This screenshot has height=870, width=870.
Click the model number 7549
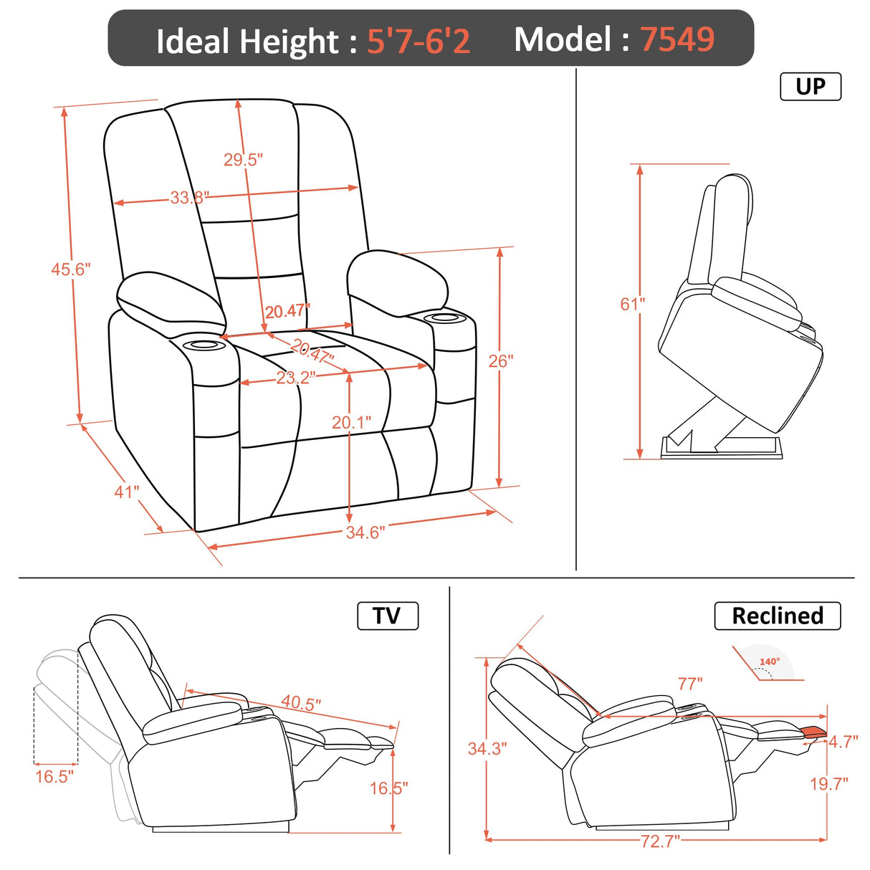(677, 39)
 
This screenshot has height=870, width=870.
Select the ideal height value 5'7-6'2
(419, 41)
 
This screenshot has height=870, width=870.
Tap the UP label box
(810, 87)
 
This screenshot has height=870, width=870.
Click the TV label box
(387, 616)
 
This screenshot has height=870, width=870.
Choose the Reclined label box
(777, 616)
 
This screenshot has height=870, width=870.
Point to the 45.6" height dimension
(70, 269)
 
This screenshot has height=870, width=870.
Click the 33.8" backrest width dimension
(189, 197)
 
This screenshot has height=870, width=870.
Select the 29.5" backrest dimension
(243, 159)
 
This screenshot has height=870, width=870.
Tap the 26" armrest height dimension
(501, 360)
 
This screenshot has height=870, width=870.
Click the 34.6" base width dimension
(365, 532)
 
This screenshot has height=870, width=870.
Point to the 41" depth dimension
(126, 492)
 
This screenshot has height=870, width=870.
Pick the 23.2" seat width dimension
(295, 377)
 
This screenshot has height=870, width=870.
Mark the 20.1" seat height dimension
(351, 422)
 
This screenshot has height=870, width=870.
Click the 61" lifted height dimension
(632, 304)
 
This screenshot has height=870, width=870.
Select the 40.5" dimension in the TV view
(301, 702)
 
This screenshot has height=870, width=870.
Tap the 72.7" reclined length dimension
(659, 841)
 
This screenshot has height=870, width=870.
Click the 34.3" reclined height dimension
(487, 748)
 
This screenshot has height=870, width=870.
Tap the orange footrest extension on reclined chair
(814, 732)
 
